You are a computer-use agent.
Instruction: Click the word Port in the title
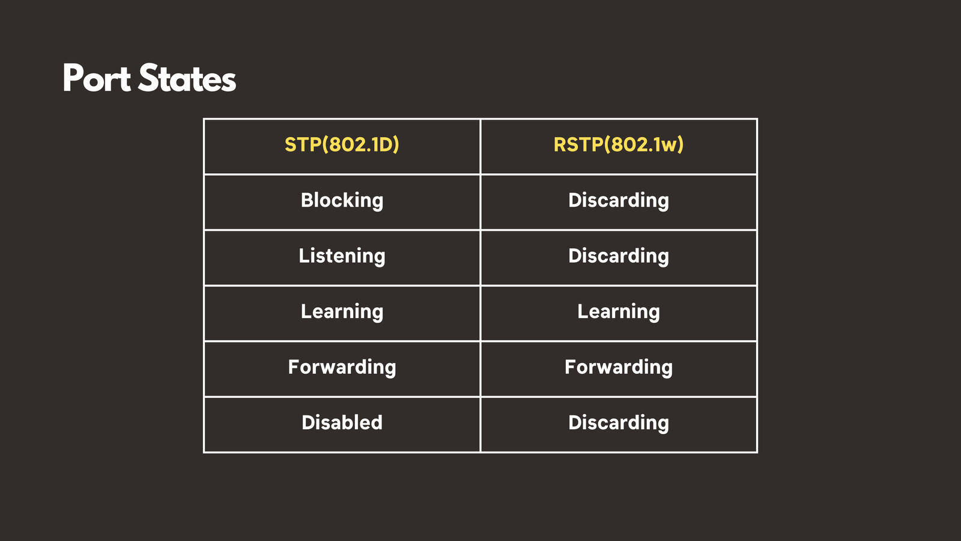(97, 78)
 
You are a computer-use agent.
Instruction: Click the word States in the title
(187, 78)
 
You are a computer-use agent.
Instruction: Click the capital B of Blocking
(307, 200)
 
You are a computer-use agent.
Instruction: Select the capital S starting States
(148, 78)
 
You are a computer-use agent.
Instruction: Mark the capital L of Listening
(304, 255)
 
